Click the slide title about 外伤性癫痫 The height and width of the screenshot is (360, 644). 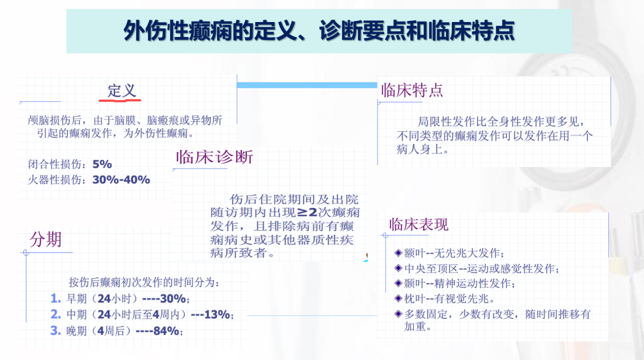[x=318, y=31]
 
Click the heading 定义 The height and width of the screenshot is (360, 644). [x=122, y=91]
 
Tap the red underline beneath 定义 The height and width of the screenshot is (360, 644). [x=120, y=100]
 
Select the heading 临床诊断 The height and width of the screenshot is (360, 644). [x=215, y=157]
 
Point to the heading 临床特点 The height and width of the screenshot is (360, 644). [x=412, y=91]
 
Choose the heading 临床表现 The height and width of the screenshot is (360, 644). [x=419, y=225]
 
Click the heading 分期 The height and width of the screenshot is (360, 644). [x=45, y=240]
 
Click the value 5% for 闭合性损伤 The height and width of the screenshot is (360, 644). [x=103, y=164]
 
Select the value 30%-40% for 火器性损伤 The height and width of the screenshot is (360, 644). [x=121, y=180]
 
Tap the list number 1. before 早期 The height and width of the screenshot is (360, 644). [x=56, y=299]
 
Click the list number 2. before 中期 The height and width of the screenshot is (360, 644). [x=56, y=315]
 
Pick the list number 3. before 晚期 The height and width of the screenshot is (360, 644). [x=56, y=330]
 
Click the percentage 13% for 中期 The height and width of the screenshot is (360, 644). [x=217, y=315]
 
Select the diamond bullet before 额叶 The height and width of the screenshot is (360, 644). [x=398, y=253]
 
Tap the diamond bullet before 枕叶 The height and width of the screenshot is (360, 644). [x=398, y=299]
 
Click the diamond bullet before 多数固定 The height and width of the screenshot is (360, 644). [x=398, y=314]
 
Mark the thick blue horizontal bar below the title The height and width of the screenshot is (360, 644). [x=307, y=85]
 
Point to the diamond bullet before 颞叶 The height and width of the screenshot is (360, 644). [x=398, y=283]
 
